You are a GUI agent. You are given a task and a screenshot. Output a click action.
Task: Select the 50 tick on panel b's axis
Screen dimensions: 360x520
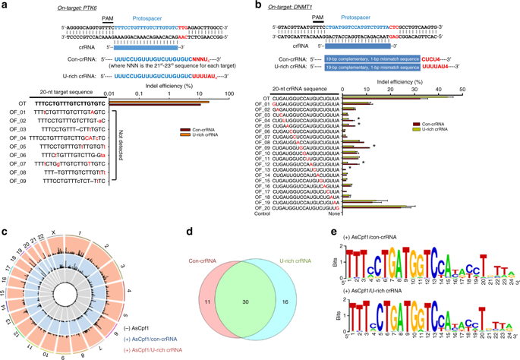tap(462, 89)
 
